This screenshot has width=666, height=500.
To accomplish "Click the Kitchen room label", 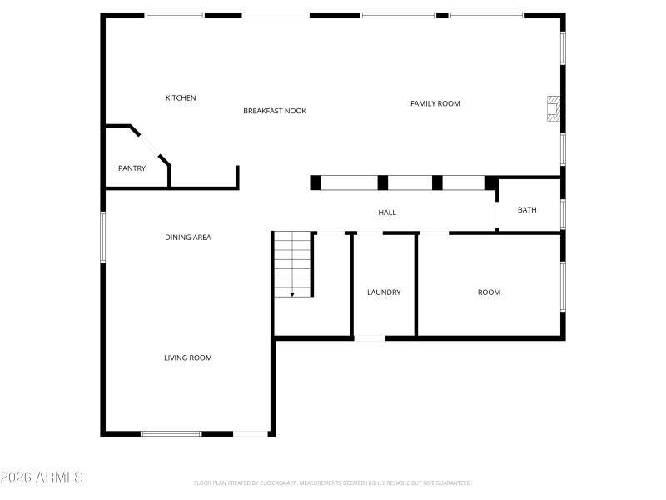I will [x=181, y=98].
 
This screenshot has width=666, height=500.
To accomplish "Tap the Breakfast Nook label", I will [x=275, y=111].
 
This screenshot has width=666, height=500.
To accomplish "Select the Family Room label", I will [x=435, y=103].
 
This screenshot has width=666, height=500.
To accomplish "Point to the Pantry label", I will [x=132, y=168].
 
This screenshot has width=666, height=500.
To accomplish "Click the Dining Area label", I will [x=187, y=237].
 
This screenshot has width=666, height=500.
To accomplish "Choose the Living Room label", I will [x=187, y=357].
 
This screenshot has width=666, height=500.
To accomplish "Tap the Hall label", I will [x=387, y=212].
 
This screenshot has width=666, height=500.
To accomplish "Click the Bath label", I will [x=527, y=210].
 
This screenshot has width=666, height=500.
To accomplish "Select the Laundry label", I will [x=384, y=292].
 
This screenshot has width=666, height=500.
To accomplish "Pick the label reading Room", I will [x=489, y=292].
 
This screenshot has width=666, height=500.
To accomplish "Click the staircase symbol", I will [x=292, y=262].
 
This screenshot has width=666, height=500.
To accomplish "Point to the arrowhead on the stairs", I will [x=292, y=293].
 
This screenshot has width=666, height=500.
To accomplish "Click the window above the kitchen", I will [x=174, y=15].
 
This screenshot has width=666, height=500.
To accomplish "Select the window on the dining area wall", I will [x=103, y=237].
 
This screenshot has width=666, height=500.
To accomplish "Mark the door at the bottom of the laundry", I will [x=370, y=337].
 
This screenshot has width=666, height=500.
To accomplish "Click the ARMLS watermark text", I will [x=42, y=477].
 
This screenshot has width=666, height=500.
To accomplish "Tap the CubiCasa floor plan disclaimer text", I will [x=333, y=482].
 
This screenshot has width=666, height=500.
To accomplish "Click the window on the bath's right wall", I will [x=563, y=213].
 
